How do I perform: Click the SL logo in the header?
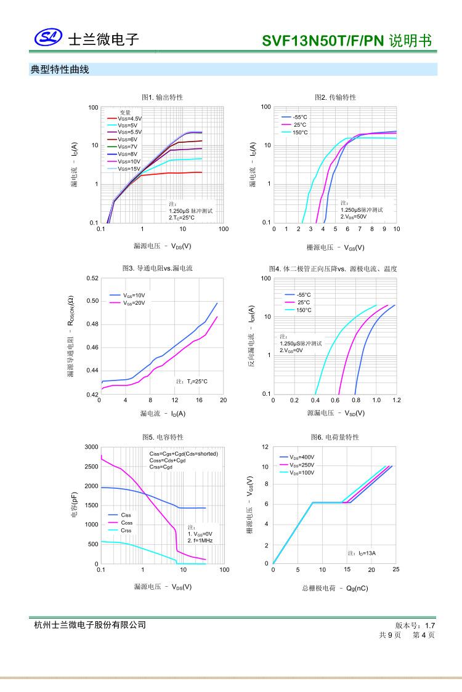[x=48, y=39]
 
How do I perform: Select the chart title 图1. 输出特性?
[x=162, y=97]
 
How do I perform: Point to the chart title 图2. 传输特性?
[x=335, y=97]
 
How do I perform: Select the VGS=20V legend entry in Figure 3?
[x=134, y=303]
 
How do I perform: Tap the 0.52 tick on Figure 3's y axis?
[x=92, y=278]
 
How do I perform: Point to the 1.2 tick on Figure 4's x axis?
[x=396, y=400]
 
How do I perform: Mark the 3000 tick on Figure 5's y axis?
[x=91, y=446]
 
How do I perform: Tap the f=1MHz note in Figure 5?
[x=201, y=540]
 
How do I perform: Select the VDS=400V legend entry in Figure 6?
[x=301, y=457]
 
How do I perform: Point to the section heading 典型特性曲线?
[x=60, y=70]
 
